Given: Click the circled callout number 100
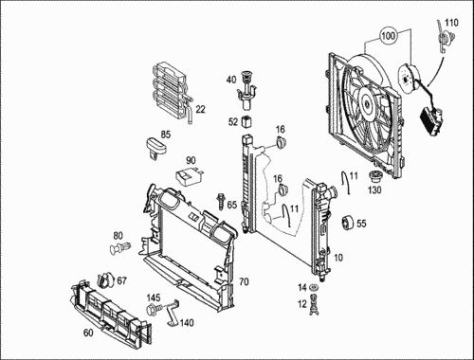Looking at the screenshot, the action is pyautogui.click(x=389, y=35).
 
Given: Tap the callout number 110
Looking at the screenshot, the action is pyautogui.click(x=451, y=23).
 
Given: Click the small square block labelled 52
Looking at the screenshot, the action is pyautogui.click(x=246, y=121).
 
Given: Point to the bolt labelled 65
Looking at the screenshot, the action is pyautogui.click(x=220, y=202).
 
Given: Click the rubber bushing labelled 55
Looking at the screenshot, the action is pyautogui.click(x=348, y=223).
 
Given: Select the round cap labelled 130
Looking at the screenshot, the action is pyautogui.click(x=375, y=176).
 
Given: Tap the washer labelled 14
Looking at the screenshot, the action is pyautogui.click(x=314, y=288).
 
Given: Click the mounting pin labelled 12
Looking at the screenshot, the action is pyautogui.click(x=314, y=304).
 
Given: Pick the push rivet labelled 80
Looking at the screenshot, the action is pyautogui.click(x=120, y=247).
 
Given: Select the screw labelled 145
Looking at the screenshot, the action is pyautogui.click(x=155, y=308).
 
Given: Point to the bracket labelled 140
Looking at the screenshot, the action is pyautogui.click(x=173, y=313).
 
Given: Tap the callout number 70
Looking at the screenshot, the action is pyautogui.click(x=244, y=281).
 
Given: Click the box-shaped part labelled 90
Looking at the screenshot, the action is pyautogui.click(x=188, y=177).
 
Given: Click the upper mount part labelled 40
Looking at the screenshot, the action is pyautogui.click(x=246, y=91).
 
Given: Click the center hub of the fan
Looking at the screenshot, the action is pyautogui.click(x=367, y=102).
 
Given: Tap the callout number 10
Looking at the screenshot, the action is pyautogui.click(x=338, y=258).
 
